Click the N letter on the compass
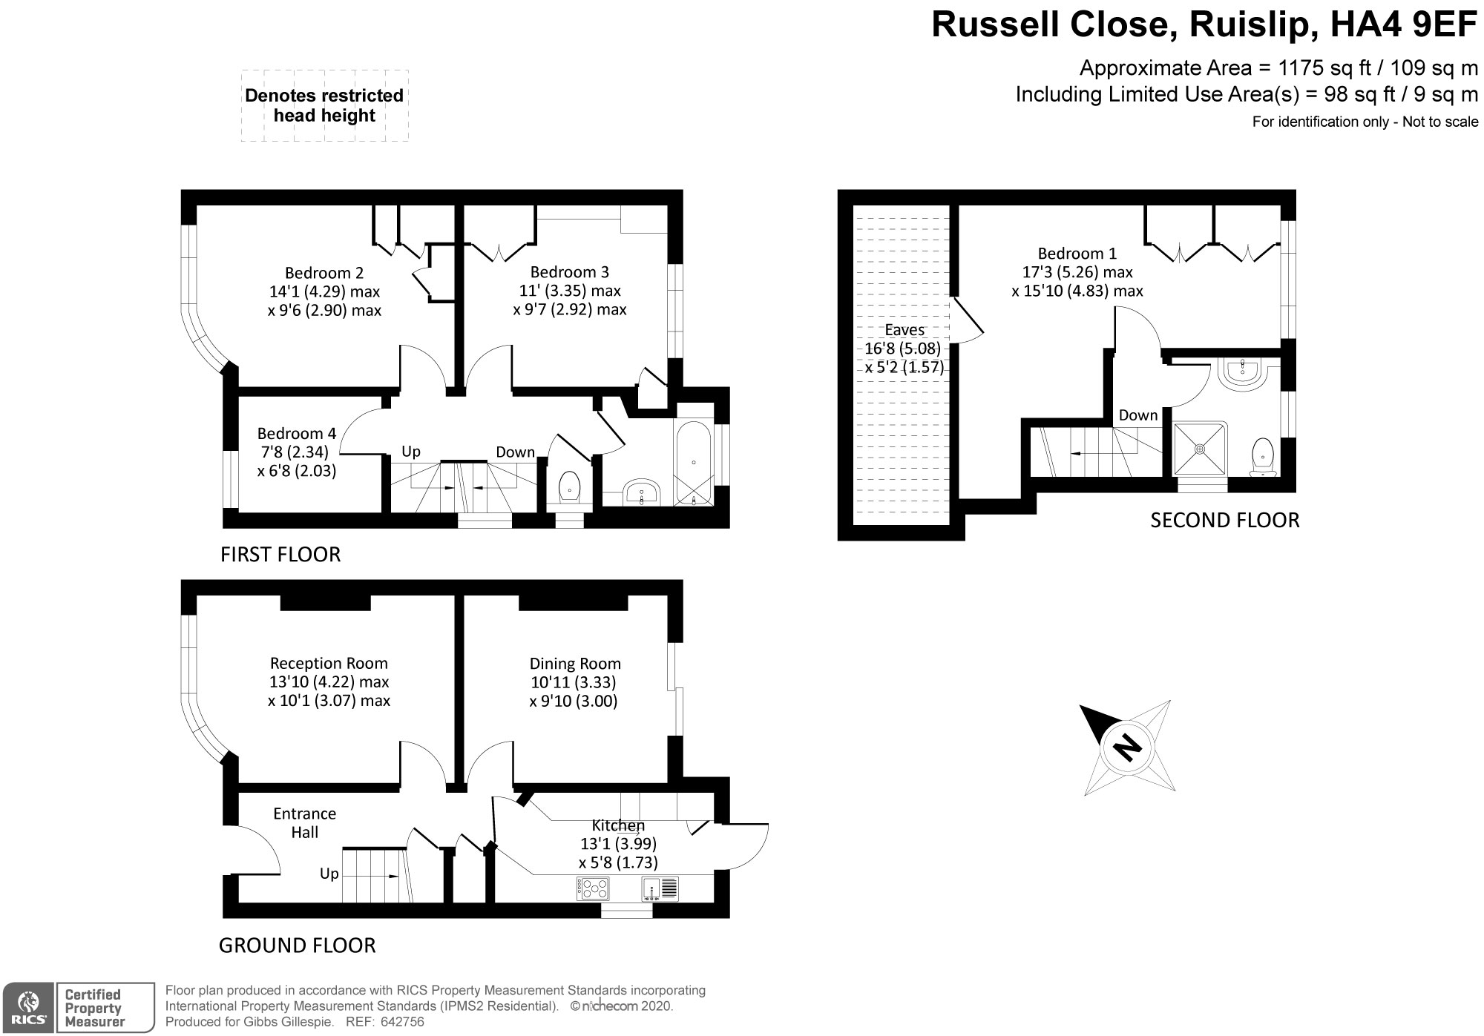point(1128,746)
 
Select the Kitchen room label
point(618,825)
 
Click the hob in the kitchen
point(593,888)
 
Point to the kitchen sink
point(660,888)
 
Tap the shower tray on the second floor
point(1200,448)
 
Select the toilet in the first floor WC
point(569,486)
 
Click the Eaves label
point(904,330)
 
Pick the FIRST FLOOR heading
point(280,555)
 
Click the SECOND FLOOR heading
point(1224,521)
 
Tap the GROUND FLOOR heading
point(297,946)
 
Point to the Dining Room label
point(575,664)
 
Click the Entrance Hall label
point(304,822)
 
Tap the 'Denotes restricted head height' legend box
point(324,105)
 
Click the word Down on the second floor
point(1138,415)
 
